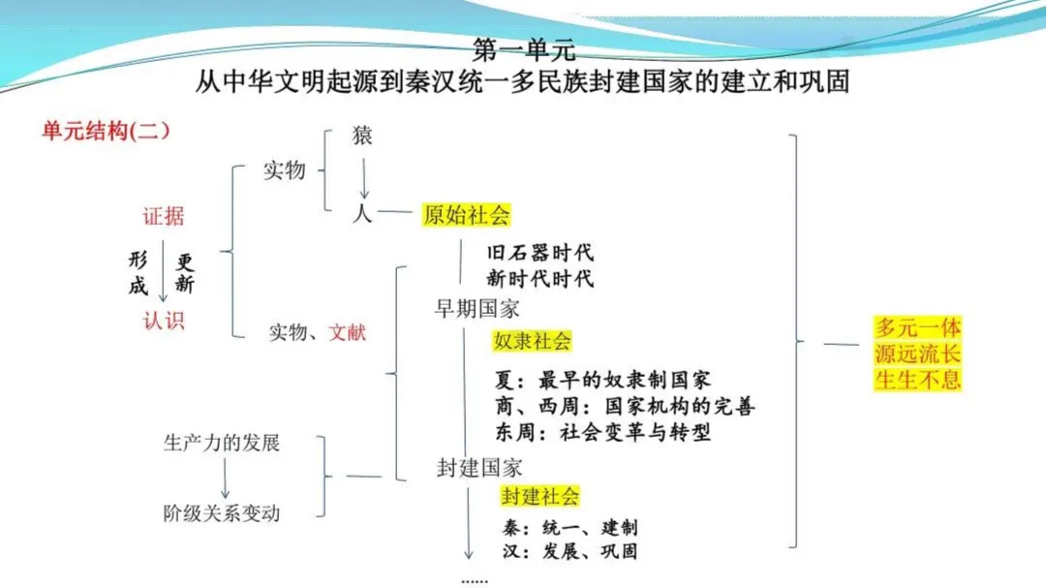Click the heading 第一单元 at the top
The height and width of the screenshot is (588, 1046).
(x=524, y=50)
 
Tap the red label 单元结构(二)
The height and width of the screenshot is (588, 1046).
(x=106, y=130)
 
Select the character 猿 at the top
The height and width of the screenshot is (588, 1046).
(x=362, y=136)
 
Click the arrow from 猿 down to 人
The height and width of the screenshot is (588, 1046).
(x=364, y=178)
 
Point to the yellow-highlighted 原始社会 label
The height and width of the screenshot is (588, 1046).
(x=466, y=215)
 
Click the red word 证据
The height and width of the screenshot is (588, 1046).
(x=163, y=216)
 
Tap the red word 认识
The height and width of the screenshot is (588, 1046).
(x=163, y=321)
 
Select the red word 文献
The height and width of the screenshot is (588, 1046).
(x=347, y=331)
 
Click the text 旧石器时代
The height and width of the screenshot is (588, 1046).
(x=539, y=252)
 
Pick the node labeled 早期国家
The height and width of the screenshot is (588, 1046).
(x=477, y=308)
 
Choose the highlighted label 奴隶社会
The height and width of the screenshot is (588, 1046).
(x=532, y=341)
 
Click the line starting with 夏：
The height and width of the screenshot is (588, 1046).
(x=602, y=381)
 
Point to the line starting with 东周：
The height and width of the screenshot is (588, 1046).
(x=602, y=432)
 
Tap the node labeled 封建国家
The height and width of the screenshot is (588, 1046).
(x=479, y=468)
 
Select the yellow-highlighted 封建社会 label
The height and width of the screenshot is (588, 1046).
(x=539, y=497)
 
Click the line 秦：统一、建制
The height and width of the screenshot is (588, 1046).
(x=570, y=528)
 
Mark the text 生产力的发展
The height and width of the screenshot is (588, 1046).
(x=222, y=443)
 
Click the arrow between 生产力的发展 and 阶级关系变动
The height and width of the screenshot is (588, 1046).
(x=225, y=479)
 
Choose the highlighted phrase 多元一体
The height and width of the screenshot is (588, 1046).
(x=918, y=327)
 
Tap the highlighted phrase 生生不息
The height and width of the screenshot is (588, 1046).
(x=918, y=379)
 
